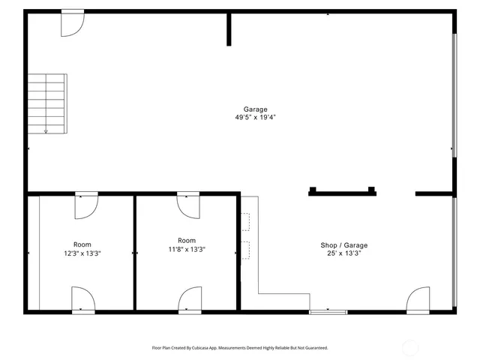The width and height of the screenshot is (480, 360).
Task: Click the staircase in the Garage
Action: point(47,103)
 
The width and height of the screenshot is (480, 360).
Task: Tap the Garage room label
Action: point(255,109)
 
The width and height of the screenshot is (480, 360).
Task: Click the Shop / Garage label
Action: point(344,245)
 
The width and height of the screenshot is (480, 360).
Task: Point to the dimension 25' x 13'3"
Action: point(344,253)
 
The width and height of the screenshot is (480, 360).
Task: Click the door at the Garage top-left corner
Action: point(72,23)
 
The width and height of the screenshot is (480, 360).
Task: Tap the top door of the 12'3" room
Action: point(86,205)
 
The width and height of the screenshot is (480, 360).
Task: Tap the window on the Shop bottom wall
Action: point(328,311)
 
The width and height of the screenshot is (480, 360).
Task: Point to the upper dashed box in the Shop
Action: point(245,223)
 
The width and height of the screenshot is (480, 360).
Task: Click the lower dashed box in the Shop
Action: point(245,250)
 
